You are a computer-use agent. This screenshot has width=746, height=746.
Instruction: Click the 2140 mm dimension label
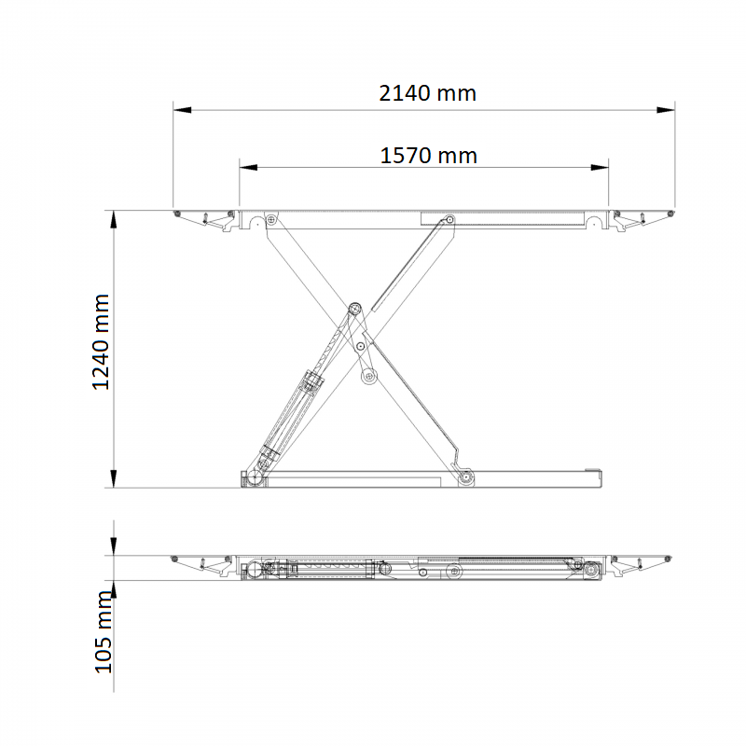[427, 93]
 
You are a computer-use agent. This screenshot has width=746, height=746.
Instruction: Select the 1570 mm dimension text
[428, 156]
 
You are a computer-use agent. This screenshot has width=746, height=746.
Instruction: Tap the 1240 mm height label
[101, 342]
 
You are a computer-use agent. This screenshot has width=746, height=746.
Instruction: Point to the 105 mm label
[104, 632]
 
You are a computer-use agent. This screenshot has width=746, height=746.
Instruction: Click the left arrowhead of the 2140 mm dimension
[182, 110]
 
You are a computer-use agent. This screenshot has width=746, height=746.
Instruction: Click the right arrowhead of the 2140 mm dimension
[666, 110]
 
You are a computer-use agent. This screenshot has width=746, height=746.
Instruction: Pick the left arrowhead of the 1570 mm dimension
[248, 168]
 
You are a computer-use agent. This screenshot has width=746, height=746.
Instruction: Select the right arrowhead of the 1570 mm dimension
[600, 168]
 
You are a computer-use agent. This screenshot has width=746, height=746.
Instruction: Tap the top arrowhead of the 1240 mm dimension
[114, 220]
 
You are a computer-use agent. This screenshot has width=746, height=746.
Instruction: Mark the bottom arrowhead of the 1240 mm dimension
[114, 478]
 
